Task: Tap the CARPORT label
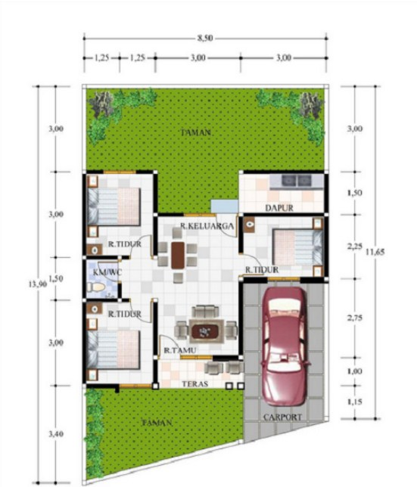point(283,417)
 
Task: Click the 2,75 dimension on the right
point(353,318)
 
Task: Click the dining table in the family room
point(177,255)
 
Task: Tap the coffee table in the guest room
point(204,330)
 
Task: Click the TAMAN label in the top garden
point(195,132)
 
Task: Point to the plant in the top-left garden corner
point(103,102)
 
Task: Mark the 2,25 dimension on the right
point(353,247)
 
